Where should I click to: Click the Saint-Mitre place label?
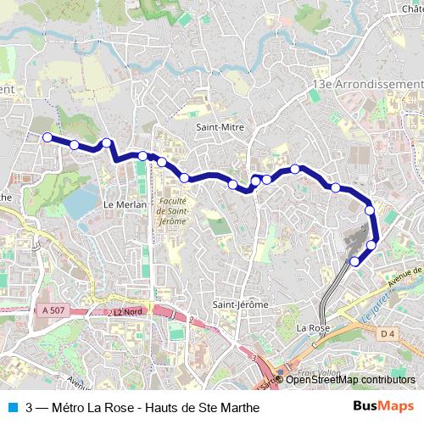tap(220, 127)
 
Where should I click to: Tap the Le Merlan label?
tap(125, 204)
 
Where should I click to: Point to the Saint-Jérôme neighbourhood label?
tap(240, 304)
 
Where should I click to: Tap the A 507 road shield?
tap(52, 311)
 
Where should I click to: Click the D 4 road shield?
tap(388, 334)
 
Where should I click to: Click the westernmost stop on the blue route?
tap(47, 137)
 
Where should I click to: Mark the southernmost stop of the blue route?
tap(355, 261)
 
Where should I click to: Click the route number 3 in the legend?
tap(30, 406)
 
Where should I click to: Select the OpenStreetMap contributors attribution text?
tap(350, 380)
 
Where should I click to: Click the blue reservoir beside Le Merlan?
tap(81, 203)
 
